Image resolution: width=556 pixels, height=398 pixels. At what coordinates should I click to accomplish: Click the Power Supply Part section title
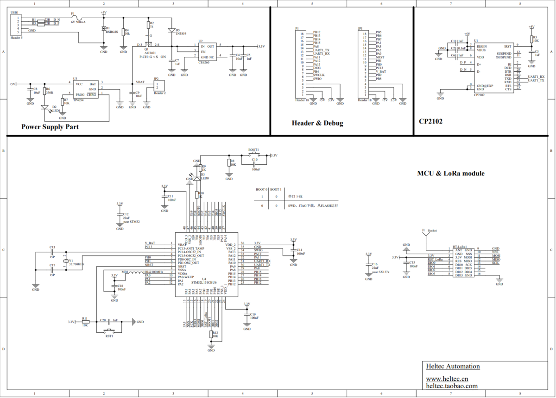[x=50, y=127]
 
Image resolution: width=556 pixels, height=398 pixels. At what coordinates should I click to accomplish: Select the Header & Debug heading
[x=317, y=123]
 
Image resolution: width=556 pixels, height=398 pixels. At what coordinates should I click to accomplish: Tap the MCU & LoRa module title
[x=450, y=174]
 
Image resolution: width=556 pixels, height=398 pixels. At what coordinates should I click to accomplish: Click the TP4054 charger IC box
[x=85, y=89]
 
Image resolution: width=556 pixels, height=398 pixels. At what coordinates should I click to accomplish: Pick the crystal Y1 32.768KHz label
[x=76, y=264]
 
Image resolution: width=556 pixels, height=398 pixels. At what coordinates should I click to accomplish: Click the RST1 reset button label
[x=109, y=336]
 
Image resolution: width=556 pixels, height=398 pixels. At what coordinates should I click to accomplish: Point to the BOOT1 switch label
[x=253, y=150]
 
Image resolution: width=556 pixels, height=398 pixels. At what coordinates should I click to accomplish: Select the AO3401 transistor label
[x=150, y=53]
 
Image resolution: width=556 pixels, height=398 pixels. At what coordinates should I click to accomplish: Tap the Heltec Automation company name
[x=453, y=367]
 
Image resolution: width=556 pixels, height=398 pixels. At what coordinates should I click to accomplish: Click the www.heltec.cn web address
[x=447, y=379]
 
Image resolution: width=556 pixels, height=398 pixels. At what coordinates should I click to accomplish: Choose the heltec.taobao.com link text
[x=451, y=386]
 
